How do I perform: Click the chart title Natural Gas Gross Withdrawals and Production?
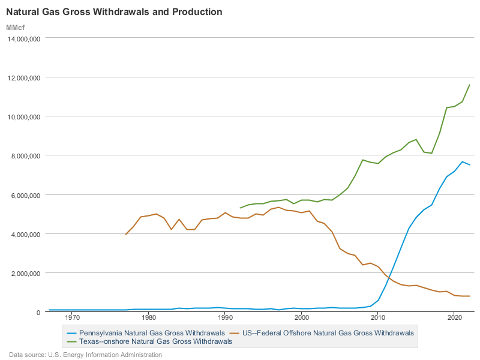[114, 12]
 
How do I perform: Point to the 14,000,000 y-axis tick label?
[23, 38]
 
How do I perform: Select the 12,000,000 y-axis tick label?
[23, 77]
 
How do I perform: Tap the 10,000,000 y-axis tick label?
[23, 116]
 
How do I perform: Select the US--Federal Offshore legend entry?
[327, 332]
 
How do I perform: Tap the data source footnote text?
[85, 355]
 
